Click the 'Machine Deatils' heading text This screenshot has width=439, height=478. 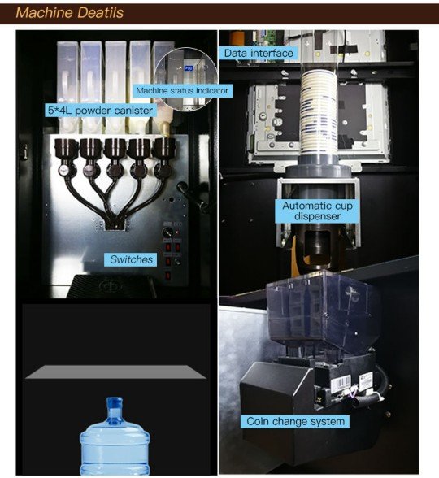[x=70, y=13]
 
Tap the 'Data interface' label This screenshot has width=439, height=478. [x=259, y=54]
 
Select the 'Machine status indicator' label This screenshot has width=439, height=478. [x=182, y=90]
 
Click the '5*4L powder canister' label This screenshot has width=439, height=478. [x=100, y=110]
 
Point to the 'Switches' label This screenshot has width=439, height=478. [x=131, y=259]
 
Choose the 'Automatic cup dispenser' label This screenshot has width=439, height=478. [x=317, y=211]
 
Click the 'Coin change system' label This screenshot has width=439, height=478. [x=295, y=421]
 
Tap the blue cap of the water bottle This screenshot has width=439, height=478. [x=115, y=402]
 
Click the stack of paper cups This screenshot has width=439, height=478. [x=319, y=113]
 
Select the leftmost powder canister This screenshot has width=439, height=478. [x=67, y=87]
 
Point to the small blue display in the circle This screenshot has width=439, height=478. [x=189, y=68]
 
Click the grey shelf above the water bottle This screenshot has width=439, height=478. [x=115, y=372]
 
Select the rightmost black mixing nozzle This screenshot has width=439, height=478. [x=163, y=158]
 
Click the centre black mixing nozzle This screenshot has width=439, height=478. [x=115, y=158]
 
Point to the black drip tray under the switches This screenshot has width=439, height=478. [x=113, y=286]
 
